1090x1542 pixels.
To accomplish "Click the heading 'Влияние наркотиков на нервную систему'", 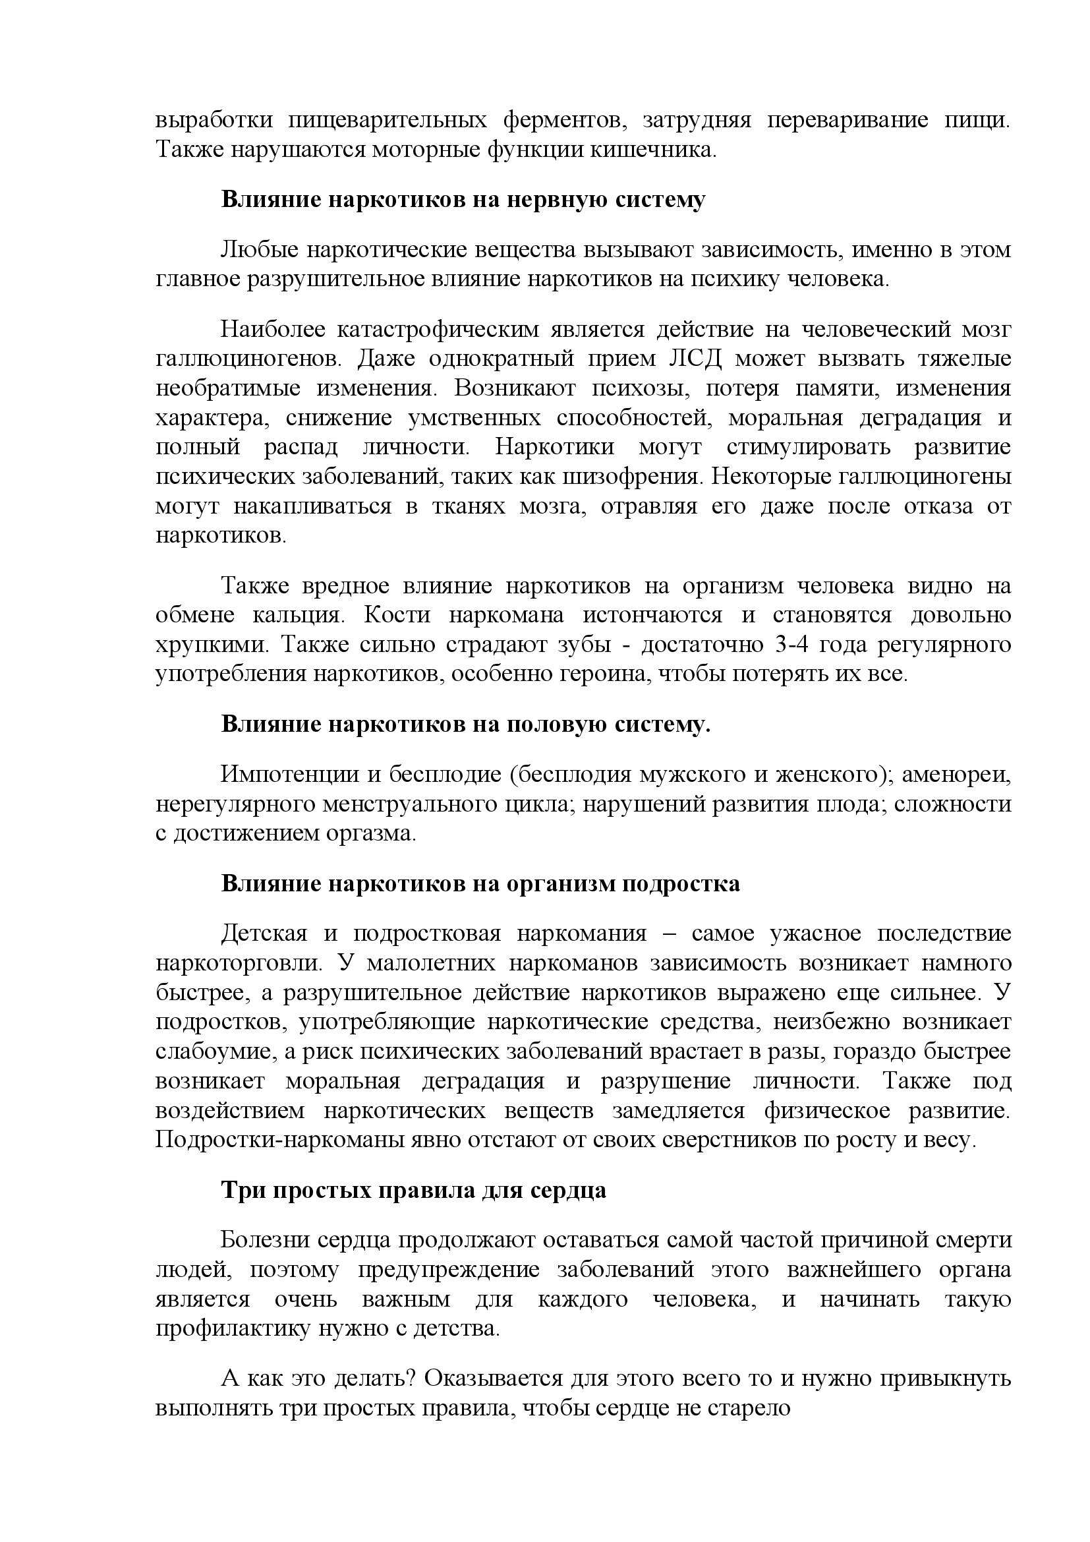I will coord(463,200).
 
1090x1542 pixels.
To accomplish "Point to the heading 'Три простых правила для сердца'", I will coord(413,1190).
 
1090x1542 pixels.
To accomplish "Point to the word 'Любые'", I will coord(256,250).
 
